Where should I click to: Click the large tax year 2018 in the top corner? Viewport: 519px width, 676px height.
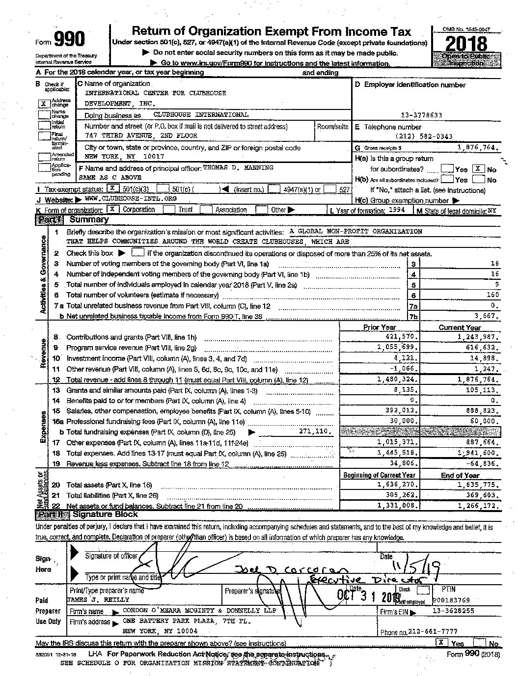pyautogui.click(x=466, y=44)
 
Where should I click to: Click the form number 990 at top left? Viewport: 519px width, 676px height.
pyautogui.click(x=69, y=40)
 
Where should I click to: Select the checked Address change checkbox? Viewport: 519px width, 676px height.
pyautogui.click(x=44, y=103)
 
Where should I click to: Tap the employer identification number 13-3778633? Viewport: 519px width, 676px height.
pyautogui.click(x=421, y=115)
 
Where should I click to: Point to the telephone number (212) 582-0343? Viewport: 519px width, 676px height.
pyautogui.click(x=424, y=136)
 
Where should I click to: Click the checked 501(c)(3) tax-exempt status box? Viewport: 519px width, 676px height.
pyautogui.click(x=112, y=189)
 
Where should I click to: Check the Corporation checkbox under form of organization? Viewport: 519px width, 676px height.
pyautogui.click(x=112, y=209)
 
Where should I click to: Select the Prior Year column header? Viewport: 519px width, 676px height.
pyautogui.click(x=379, y=327)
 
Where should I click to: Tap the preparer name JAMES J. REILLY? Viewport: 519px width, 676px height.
pyautogui.click(x=98, y=599)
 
